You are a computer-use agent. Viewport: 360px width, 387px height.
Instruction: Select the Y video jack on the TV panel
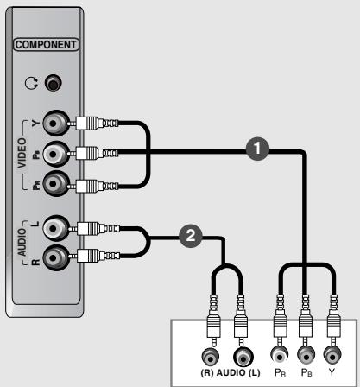(55, 122)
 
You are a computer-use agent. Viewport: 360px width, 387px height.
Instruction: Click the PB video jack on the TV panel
(55, 153)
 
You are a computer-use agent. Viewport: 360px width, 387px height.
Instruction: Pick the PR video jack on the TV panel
(55, 182)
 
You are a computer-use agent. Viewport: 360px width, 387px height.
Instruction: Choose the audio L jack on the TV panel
(55, 227)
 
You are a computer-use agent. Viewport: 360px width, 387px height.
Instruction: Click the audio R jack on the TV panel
(55, 256)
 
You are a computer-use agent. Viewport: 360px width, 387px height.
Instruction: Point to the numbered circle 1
(256, 148)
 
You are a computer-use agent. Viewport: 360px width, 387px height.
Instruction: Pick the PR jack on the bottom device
(277, 354)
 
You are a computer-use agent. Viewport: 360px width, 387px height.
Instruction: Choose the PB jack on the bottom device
(304, 354)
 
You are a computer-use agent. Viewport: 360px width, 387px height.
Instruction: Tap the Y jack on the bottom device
(331, 354)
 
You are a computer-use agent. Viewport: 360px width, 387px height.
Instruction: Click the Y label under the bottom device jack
(331, 374)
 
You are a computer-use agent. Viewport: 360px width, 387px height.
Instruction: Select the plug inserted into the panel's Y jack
(87, 123)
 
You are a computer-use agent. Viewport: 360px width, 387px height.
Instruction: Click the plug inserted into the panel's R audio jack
(87, 257)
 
